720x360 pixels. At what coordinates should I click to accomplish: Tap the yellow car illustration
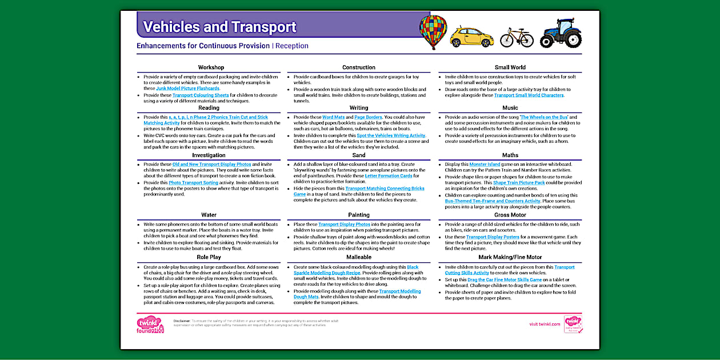coord(471,37)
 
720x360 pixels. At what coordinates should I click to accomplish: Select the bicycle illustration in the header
coord(517,38)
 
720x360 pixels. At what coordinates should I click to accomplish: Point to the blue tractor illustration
coord(561,33)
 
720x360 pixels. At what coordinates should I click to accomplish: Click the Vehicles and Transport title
coord(219,27)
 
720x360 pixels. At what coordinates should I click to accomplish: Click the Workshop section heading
coord(211,67)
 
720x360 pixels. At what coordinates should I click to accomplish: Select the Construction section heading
coord(359,67)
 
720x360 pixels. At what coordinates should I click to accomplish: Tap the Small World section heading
coord(510,67)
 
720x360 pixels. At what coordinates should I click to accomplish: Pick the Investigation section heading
coord(209,155)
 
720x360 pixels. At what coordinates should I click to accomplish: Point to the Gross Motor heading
coord(510,215)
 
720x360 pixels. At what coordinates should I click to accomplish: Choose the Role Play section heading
coord(209,257)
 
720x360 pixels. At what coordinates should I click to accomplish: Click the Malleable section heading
coord(359,257)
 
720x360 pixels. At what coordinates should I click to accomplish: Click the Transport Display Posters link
coord(493,237)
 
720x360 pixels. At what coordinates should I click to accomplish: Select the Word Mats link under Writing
coord(333,117)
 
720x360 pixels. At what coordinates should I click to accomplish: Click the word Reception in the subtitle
coord(292,46)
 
